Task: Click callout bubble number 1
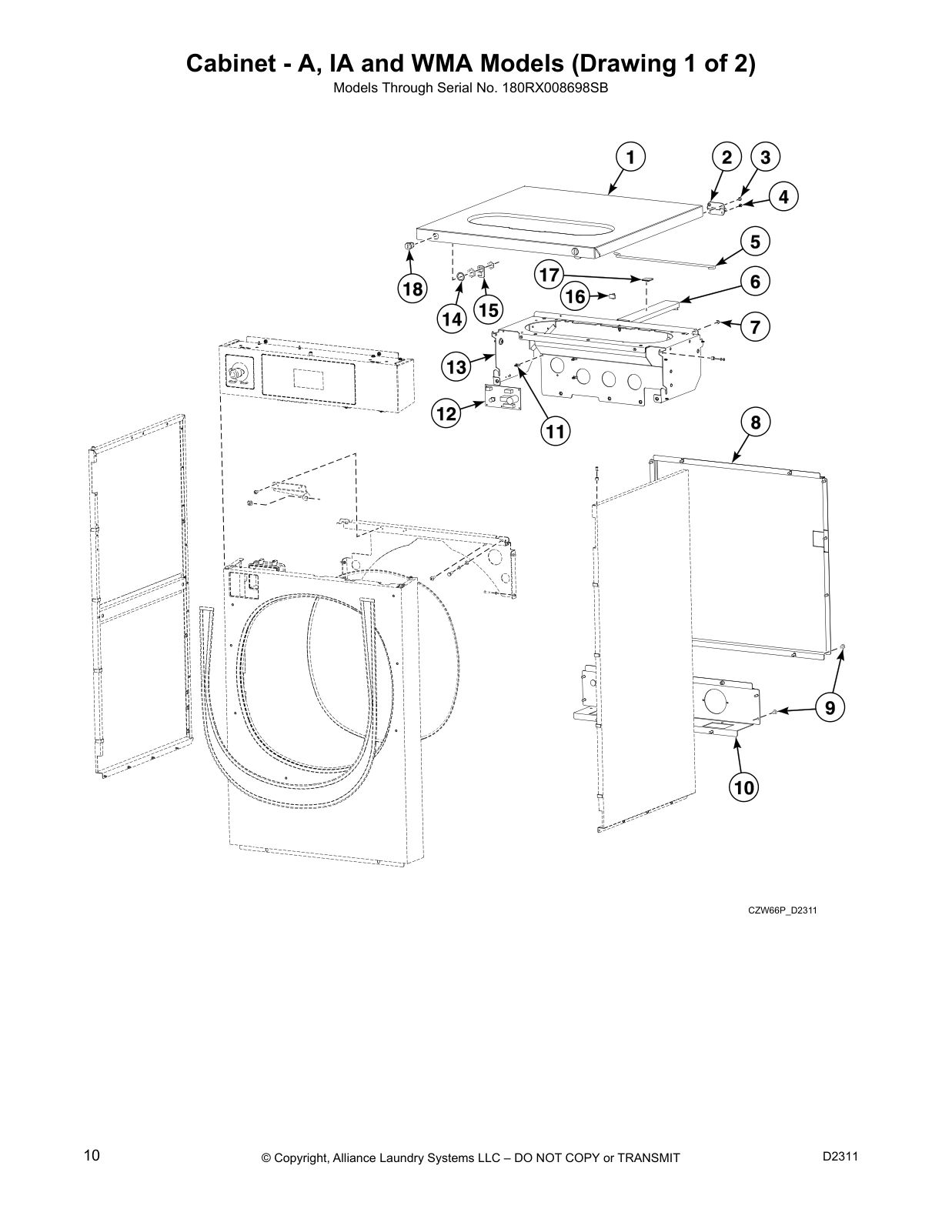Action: tap(630, 158)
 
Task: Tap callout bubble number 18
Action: tap(413, 289)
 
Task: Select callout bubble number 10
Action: tap(743, 787)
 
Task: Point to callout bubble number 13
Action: tap(456, 367)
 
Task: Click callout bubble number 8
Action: tap(755, 422)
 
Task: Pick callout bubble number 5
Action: tap(755, 242)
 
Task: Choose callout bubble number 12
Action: tap(445, 414)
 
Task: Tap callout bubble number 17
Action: tap(549, 274)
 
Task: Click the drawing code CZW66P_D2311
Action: tap(782, 910)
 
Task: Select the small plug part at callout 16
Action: tap(613, 295)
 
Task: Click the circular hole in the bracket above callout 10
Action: tap(715, 701)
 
